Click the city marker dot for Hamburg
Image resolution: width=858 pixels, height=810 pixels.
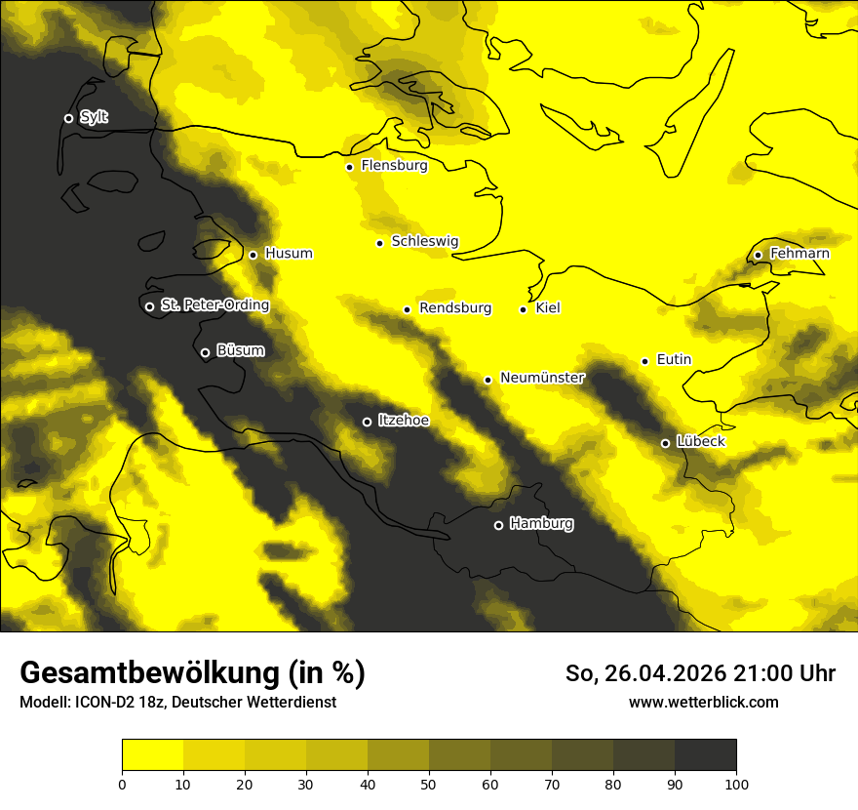tap(498, 525)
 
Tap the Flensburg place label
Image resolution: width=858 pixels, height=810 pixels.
tap(394, 166)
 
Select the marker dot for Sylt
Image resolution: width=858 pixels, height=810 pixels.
tap(68, 118)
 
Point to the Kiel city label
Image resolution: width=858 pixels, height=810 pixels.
tap(548, 308)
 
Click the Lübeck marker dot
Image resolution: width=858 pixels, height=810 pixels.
tap(665, 443)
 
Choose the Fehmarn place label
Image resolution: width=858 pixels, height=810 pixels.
tap(799, 254)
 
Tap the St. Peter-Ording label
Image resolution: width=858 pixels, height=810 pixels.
tap(214, 305)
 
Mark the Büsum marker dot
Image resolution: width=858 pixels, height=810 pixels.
tap(205, 353)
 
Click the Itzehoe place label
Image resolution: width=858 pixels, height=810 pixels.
tap(404, 421)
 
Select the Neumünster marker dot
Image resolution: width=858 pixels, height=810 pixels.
tap(487, 381)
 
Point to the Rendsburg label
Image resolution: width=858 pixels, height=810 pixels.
tap(455, 308)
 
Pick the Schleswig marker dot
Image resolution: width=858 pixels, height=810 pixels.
tap(379, 243)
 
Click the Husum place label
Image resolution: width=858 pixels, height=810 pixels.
tap(289, 254)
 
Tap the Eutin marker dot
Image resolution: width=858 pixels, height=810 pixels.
tap(644, 361)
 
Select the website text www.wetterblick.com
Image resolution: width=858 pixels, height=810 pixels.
tap(703, 703)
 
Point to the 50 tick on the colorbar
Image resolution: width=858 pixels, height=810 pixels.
tap(429, 783)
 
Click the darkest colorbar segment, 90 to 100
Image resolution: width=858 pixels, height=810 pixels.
tap(705, 754)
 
